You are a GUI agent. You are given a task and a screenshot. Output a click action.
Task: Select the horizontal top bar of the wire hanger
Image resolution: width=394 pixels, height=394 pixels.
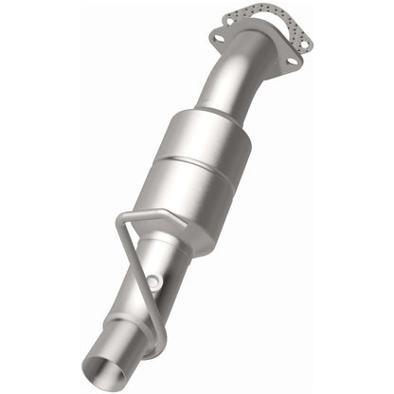[x=142, y=217]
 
